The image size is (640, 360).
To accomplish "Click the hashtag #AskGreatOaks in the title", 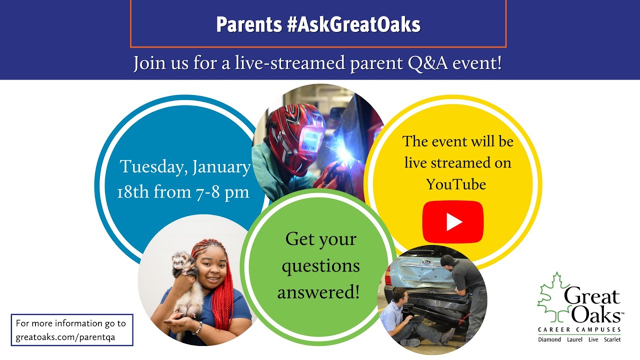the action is click(x=353, y=24).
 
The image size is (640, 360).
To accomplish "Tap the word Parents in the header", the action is click(x=249, y=24).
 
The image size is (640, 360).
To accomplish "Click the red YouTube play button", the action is click(x=453, y=222).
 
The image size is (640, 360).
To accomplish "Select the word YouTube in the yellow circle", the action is click(x=456, y=184).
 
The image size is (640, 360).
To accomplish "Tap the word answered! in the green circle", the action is click(x=318, y=292).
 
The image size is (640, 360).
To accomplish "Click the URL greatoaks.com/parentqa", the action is click(x=65, y=337).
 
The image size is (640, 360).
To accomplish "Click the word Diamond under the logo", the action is click(x=549, y=339).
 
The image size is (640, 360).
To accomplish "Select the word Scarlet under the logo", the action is click(x=612, y=339).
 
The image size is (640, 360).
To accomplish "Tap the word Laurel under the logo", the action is click(x=574, y=339).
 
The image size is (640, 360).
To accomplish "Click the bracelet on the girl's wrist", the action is click(x=197, y=328).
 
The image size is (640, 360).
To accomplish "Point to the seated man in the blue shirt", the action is click(x=411, y=317).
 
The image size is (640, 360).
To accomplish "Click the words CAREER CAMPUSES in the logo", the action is click(x=579, y=329).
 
